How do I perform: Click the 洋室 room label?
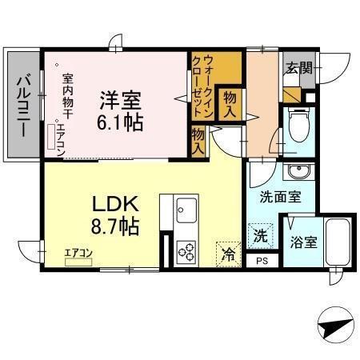(x=121, y=101)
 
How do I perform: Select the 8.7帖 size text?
(x=117, y=226)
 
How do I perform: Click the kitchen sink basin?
(x=185, y=207)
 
